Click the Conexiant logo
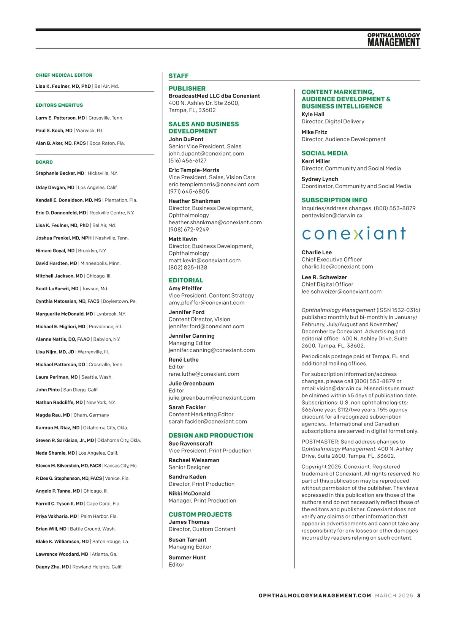pos(354,233)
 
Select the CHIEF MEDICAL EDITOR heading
pos(64,75)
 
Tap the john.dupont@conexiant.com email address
pos(206,154)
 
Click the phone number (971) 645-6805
pos(189,192)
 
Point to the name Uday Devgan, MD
pos(55,187)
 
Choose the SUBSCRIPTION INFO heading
pos(334,200)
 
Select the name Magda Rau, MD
pos(53,415)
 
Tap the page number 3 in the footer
pos(418,595)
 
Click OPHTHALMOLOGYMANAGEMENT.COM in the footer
pos(315,595)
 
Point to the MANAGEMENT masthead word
pos(393,43)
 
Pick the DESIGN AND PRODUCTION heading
pos(211,435)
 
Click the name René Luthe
pos(184,360)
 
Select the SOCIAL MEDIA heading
pos(325,153)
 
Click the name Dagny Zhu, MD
pos(52,567)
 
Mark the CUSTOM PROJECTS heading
pos(200,515)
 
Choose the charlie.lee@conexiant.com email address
pos(337,267)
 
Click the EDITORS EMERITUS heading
pos(59,105)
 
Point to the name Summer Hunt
pos(187,558)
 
